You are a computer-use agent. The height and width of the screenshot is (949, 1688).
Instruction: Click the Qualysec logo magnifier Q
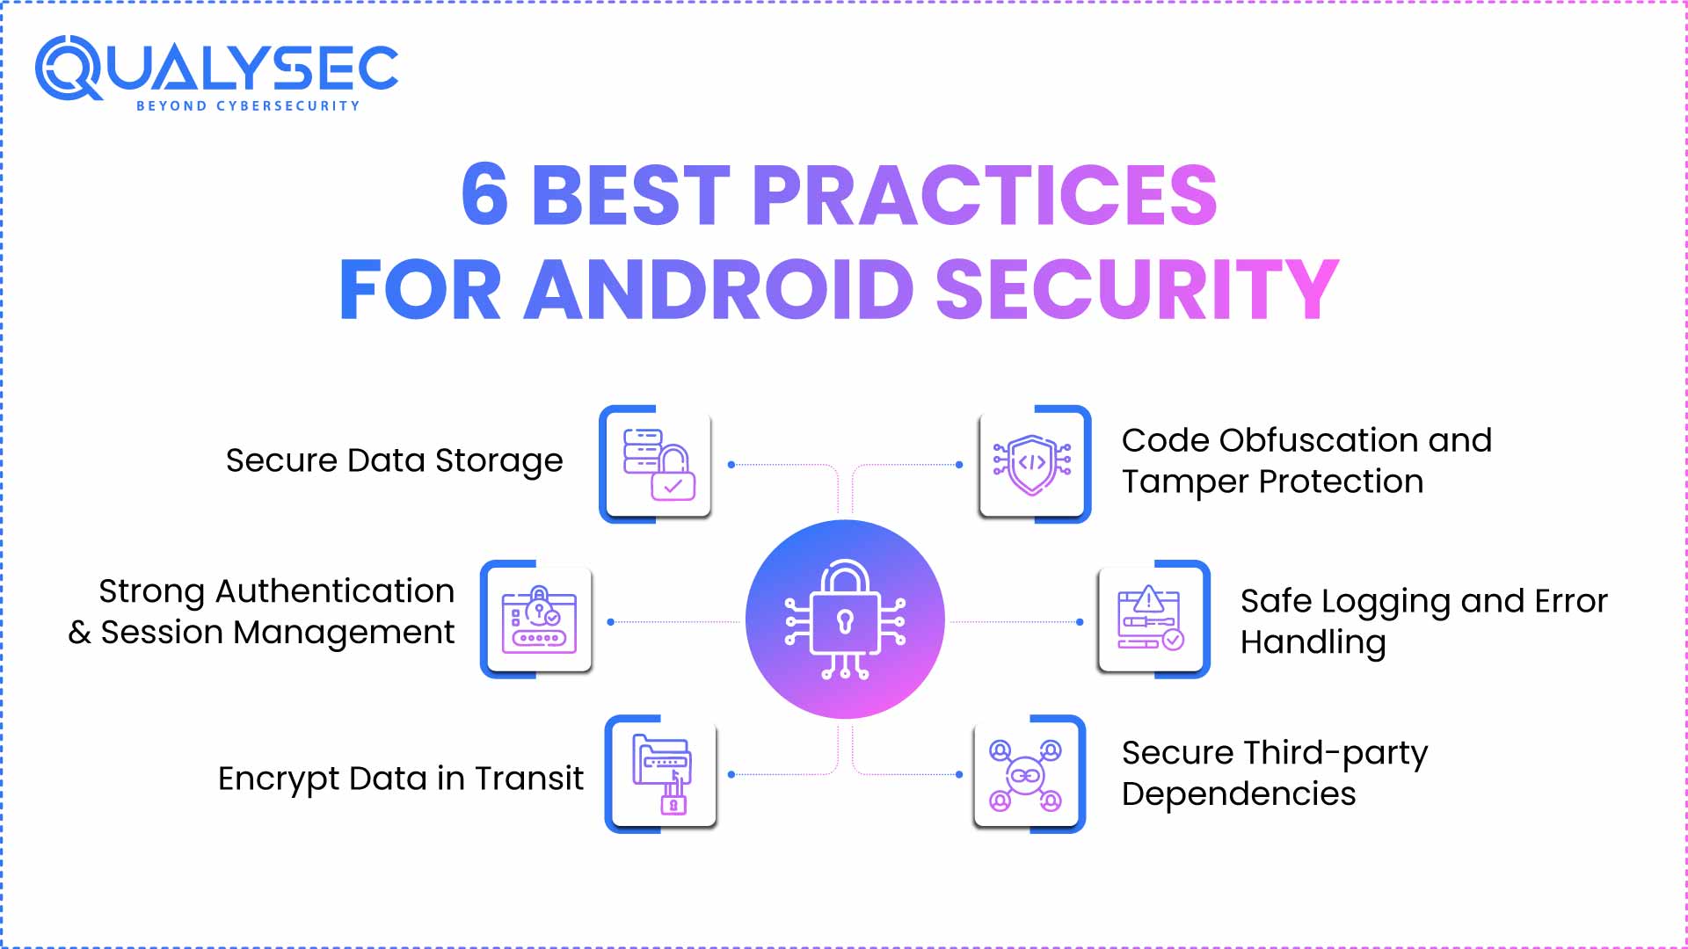(x=68, y=68)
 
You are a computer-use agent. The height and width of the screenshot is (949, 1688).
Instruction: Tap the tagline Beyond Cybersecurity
(x=248, y=106)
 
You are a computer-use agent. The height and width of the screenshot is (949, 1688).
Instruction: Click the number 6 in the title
(x=484, y=194)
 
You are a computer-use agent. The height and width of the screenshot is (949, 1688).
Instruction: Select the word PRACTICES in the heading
(x=984, y=194)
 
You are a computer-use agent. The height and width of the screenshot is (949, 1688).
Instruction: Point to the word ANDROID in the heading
(x=719, y=289)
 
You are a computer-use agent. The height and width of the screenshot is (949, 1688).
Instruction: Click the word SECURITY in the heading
(x=1137, y=289)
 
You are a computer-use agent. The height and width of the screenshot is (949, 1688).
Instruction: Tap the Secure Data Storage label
(x=394, y=460)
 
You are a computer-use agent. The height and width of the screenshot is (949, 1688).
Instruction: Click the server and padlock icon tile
(x=658, y=464)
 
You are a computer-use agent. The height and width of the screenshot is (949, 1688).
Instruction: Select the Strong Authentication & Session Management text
(x=262, y=612)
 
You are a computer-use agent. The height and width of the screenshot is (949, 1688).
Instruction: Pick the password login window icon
(x=539, y=619)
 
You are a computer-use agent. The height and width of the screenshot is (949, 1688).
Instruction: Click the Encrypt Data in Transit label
(x=400, y=779)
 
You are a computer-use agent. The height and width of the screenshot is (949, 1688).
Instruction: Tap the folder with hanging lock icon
(x=663, y=774)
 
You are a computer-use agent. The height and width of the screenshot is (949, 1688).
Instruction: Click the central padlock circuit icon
(x=845, y=619)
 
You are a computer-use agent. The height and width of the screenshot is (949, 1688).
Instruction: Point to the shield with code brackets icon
(x=1032, y=464)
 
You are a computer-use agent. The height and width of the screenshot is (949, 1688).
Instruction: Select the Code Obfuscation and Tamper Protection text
(x=1306, y=460)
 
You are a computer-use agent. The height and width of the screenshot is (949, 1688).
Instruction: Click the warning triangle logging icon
(x=1151, y=619)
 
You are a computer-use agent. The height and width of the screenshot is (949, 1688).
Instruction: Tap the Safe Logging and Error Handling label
(x=1423, y=621)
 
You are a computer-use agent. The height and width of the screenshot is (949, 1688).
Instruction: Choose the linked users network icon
(x=1026, y=774)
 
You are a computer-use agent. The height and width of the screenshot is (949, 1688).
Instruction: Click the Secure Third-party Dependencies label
(x=1274, y=773)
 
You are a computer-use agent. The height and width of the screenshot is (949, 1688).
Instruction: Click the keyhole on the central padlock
(x=846, y=621)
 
